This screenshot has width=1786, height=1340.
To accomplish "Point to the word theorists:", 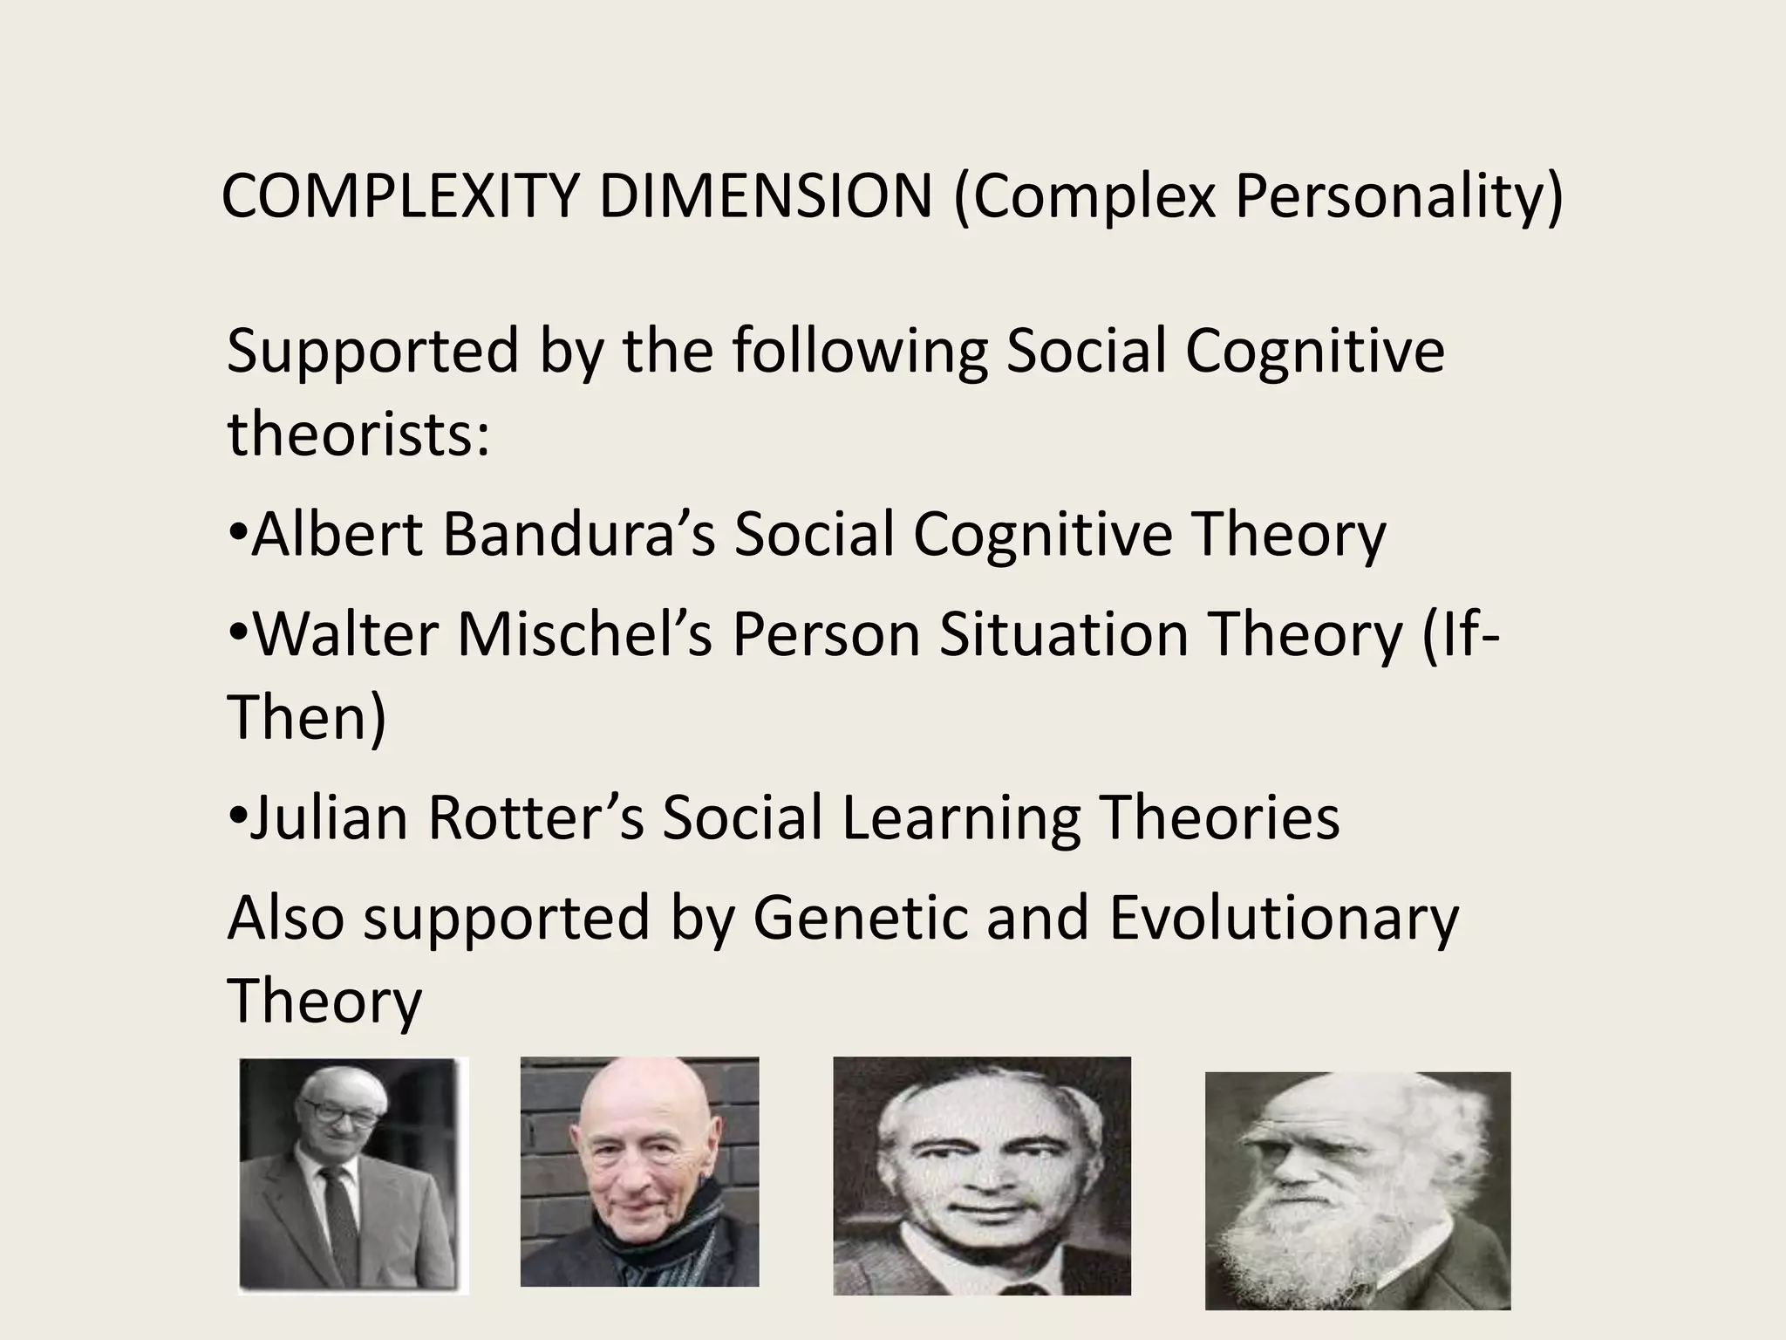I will (x=358, y=434).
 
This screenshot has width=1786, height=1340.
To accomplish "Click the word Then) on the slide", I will (x=306, y=716).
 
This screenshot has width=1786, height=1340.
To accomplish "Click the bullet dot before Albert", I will (x=237, y=534).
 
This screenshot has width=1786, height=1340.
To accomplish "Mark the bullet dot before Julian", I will (x=237, y=818).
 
